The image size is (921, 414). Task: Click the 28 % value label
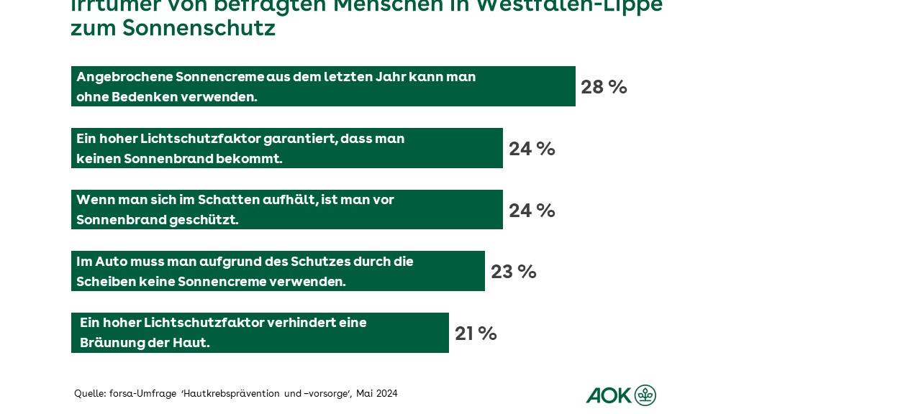[x=604, y=87]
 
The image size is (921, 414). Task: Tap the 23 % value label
[x=513, y=272]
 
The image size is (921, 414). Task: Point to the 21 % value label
[x=476, y=333]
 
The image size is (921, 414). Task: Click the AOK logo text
[x=608, y=395]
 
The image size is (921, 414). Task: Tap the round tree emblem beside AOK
[x=645, y=395]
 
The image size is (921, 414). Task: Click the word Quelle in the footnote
[x=89, y=394]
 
